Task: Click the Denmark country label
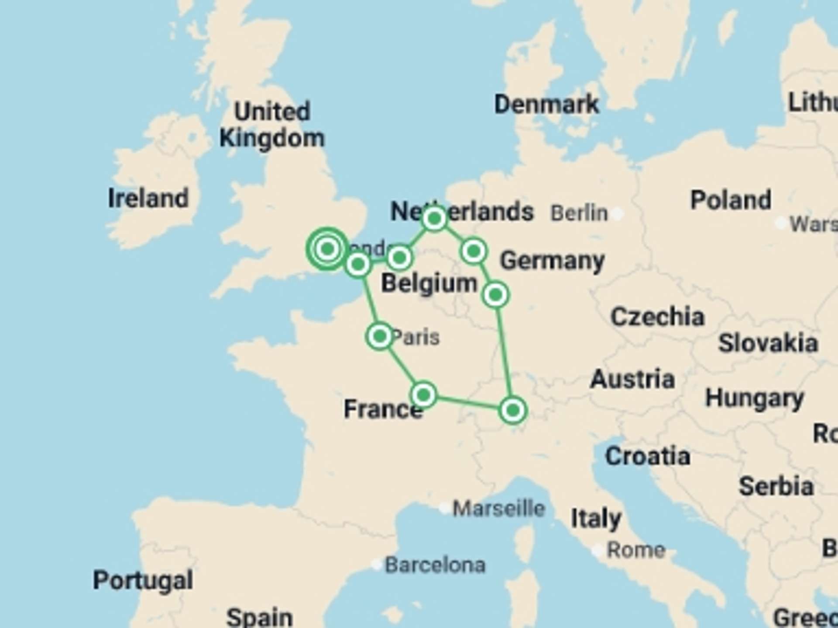click(546, 105)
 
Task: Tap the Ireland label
click(148, 198)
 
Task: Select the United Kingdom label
click(272, 125)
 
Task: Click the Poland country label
click(731, 200)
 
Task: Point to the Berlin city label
click(579, 213)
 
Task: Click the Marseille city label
click(499, 509)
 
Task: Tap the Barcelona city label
click(435, 565)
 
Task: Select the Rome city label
click(636, 550)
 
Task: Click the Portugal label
click(143, 580)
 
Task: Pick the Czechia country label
click(657, 317)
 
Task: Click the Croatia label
click(648, 457)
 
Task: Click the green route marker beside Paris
click(380, 336)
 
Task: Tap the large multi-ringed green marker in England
click(328, 249)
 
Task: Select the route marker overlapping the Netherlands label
click(434, 218)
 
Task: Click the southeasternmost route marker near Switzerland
click(513, 410)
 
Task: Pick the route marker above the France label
click(423, 395)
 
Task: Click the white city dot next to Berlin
click(617, 214)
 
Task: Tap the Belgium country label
click(429, 283)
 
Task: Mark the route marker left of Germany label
click(474, 251)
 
